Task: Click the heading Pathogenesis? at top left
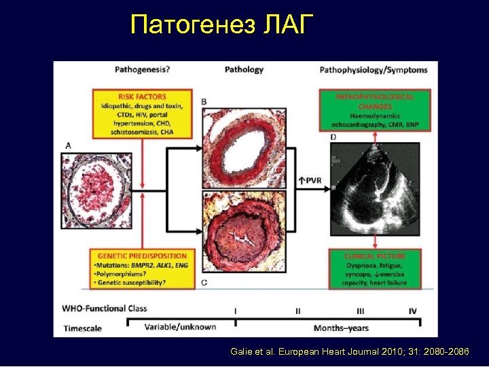[x=143, y=69]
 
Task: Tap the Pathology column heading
[x=244, y=69]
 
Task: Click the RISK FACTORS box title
[x=142, y=97]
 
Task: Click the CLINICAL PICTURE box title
[x=375, y=255]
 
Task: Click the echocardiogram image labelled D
[x=374, y=192]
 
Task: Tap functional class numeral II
[x=297, y=311]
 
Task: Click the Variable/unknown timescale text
[x=181, y=327]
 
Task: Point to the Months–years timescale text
[x=341, y=328]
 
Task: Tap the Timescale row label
[x=83, y=328]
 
